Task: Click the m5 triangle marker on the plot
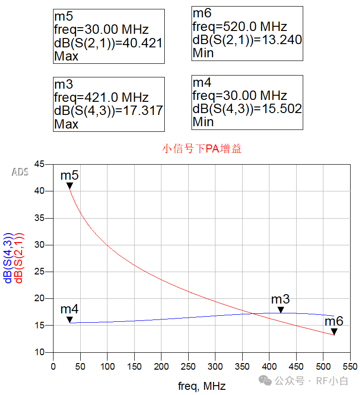tap(69, 186)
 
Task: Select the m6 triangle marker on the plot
tap(334, 332)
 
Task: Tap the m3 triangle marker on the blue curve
tap(281, 310)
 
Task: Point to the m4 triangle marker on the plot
tap(69, 320)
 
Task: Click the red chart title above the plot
tap(202, 149)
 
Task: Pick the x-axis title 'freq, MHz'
tap(202, 386)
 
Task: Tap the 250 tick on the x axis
tap(188, 366)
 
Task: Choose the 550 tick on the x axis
tap(350, 366)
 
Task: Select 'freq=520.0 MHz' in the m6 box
tap(239, 27)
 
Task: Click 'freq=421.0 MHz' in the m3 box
tap(101, 98)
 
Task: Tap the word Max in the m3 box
tap(66, 124)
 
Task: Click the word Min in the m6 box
tap(203, 53)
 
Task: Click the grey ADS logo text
tap(20, 172)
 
